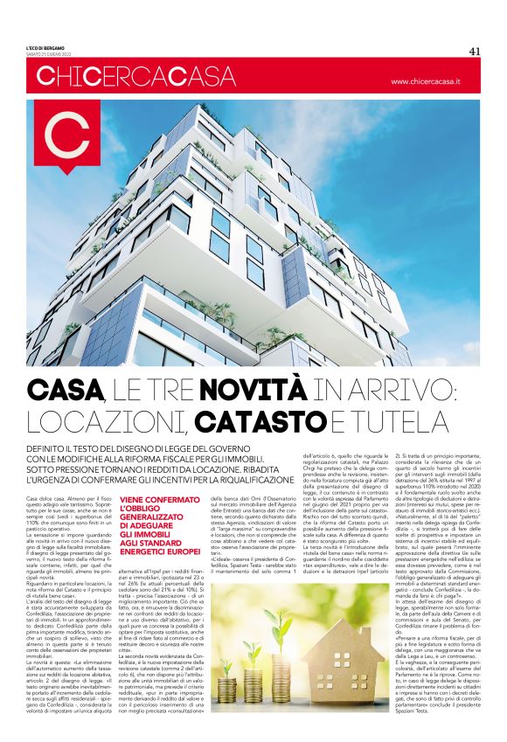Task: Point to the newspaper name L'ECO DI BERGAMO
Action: tap(44, 46)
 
